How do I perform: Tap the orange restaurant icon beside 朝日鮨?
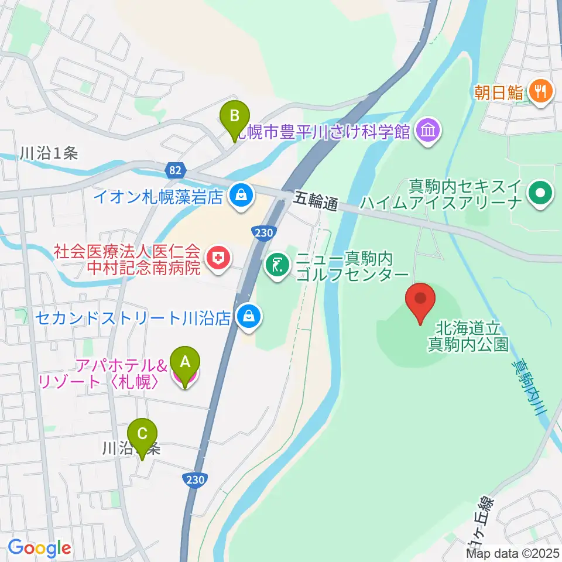click(x=539, y=91)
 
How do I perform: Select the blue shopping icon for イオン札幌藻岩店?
click(x=241, y=196)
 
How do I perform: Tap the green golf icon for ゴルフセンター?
click(x=277, y=266)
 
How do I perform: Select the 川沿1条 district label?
click(x=49, y=153)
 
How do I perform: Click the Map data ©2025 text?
click(x=513, y=553)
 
